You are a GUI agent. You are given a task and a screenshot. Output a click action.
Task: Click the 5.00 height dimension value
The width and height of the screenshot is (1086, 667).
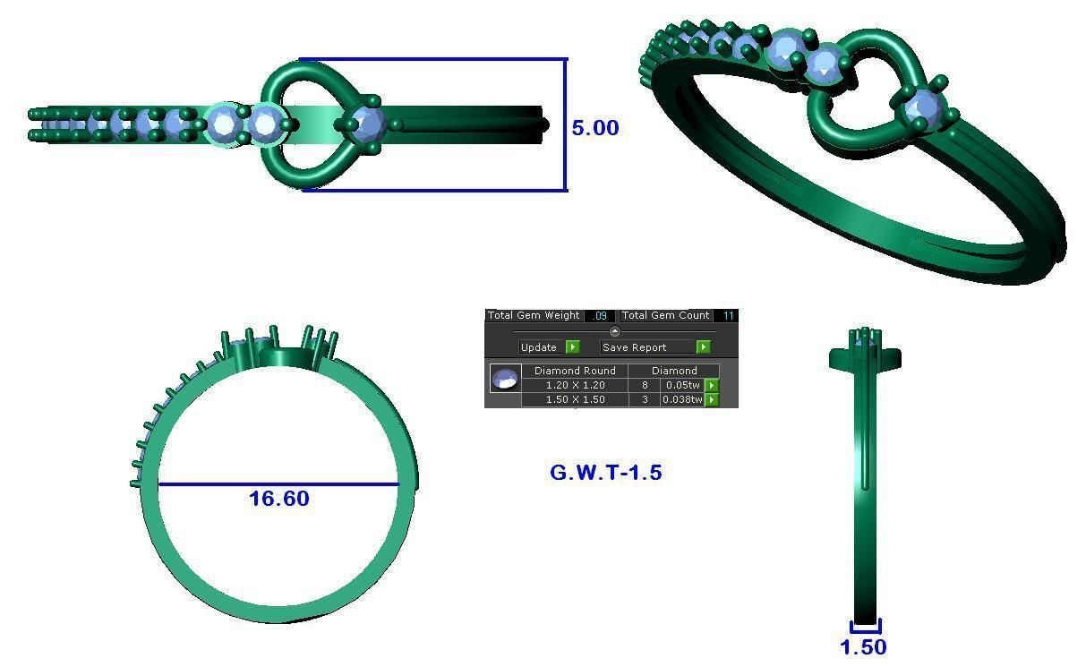595,128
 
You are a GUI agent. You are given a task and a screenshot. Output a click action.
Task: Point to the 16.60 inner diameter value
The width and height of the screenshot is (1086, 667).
279,499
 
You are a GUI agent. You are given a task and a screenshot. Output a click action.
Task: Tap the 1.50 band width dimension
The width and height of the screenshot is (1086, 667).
864,646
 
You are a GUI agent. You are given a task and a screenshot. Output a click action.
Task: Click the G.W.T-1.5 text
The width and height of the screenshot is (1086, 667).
606,472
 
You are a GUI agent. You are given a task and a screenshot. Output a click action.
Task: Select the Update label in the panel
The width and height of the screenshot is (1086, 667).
538,347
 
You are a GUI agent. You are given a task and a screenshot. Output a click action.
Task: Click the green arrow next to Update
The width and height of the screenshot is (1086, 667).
572,347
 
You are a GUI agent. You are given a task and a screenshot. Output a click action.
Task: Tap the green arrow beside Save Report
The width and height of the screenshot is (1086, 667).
704,347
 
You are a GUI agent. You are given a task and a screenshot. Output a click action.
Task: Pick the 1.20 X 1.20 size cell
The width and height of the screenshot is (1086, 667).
575,385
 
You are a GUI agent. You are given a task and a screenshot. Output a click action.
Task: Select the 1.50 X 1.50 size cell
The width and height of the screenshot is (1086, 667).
575,399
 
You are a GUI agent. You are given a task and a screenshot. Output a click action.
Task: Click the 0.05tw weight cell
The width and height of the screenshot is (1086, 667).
682,385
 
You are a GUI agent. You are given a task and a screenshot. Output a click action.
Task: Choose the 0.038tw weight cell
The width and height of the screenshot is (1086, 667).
682,399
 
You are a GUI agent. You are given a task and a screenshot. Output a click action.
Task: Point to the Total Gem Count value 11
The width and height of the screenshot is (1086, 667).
729,316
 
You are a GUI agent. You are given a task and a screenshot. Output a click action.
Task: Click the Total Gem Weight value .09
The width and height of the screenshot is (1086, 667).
600,316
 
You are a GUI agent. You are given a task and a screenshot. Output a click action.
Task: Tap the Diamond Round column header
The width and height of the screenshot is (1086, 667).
575,371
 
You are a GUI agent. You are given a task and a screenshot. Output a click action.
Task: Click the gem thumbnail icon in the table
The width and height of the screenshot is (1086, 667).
505,379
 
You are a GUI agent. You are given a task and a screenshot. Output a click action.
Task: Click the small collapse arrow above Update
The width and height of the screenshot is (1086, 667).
614,332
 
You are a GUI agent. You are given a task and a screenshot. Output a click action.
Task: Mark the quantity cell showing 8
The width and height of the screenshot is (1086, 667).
645,385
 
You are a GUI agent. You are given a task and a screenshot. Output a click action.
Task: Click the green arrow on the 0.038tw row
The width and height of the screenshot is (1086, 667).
712,399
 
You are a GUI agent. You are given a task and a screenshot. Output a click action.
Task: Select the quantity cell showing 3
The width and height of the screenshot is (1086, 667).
645,399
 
